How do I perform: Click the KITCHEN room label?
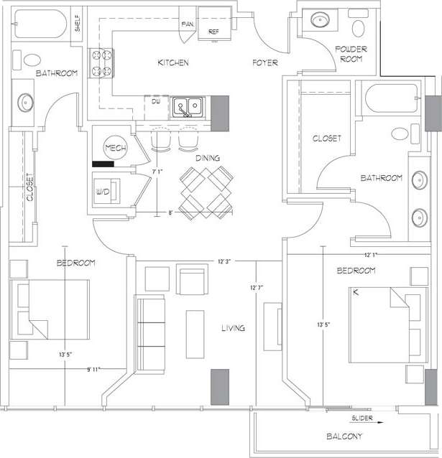tap(173, 63)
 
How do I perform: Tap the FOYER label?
tap(264, 63)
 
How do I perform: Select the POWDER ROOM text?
tap(350, 53)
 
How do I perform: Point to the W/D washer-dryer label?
tap(104, 192)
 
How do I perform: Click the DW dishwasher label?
tap(155, 102)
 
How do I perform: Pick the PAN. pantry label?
tap(189, 24)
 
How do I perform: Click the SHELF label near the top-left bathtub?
tap(77, 24)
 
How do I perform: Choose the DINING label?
tap(208, 158)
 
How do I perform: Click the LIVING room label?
tap(233, 328)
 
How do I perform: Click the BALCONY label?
tap(343, 436)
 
